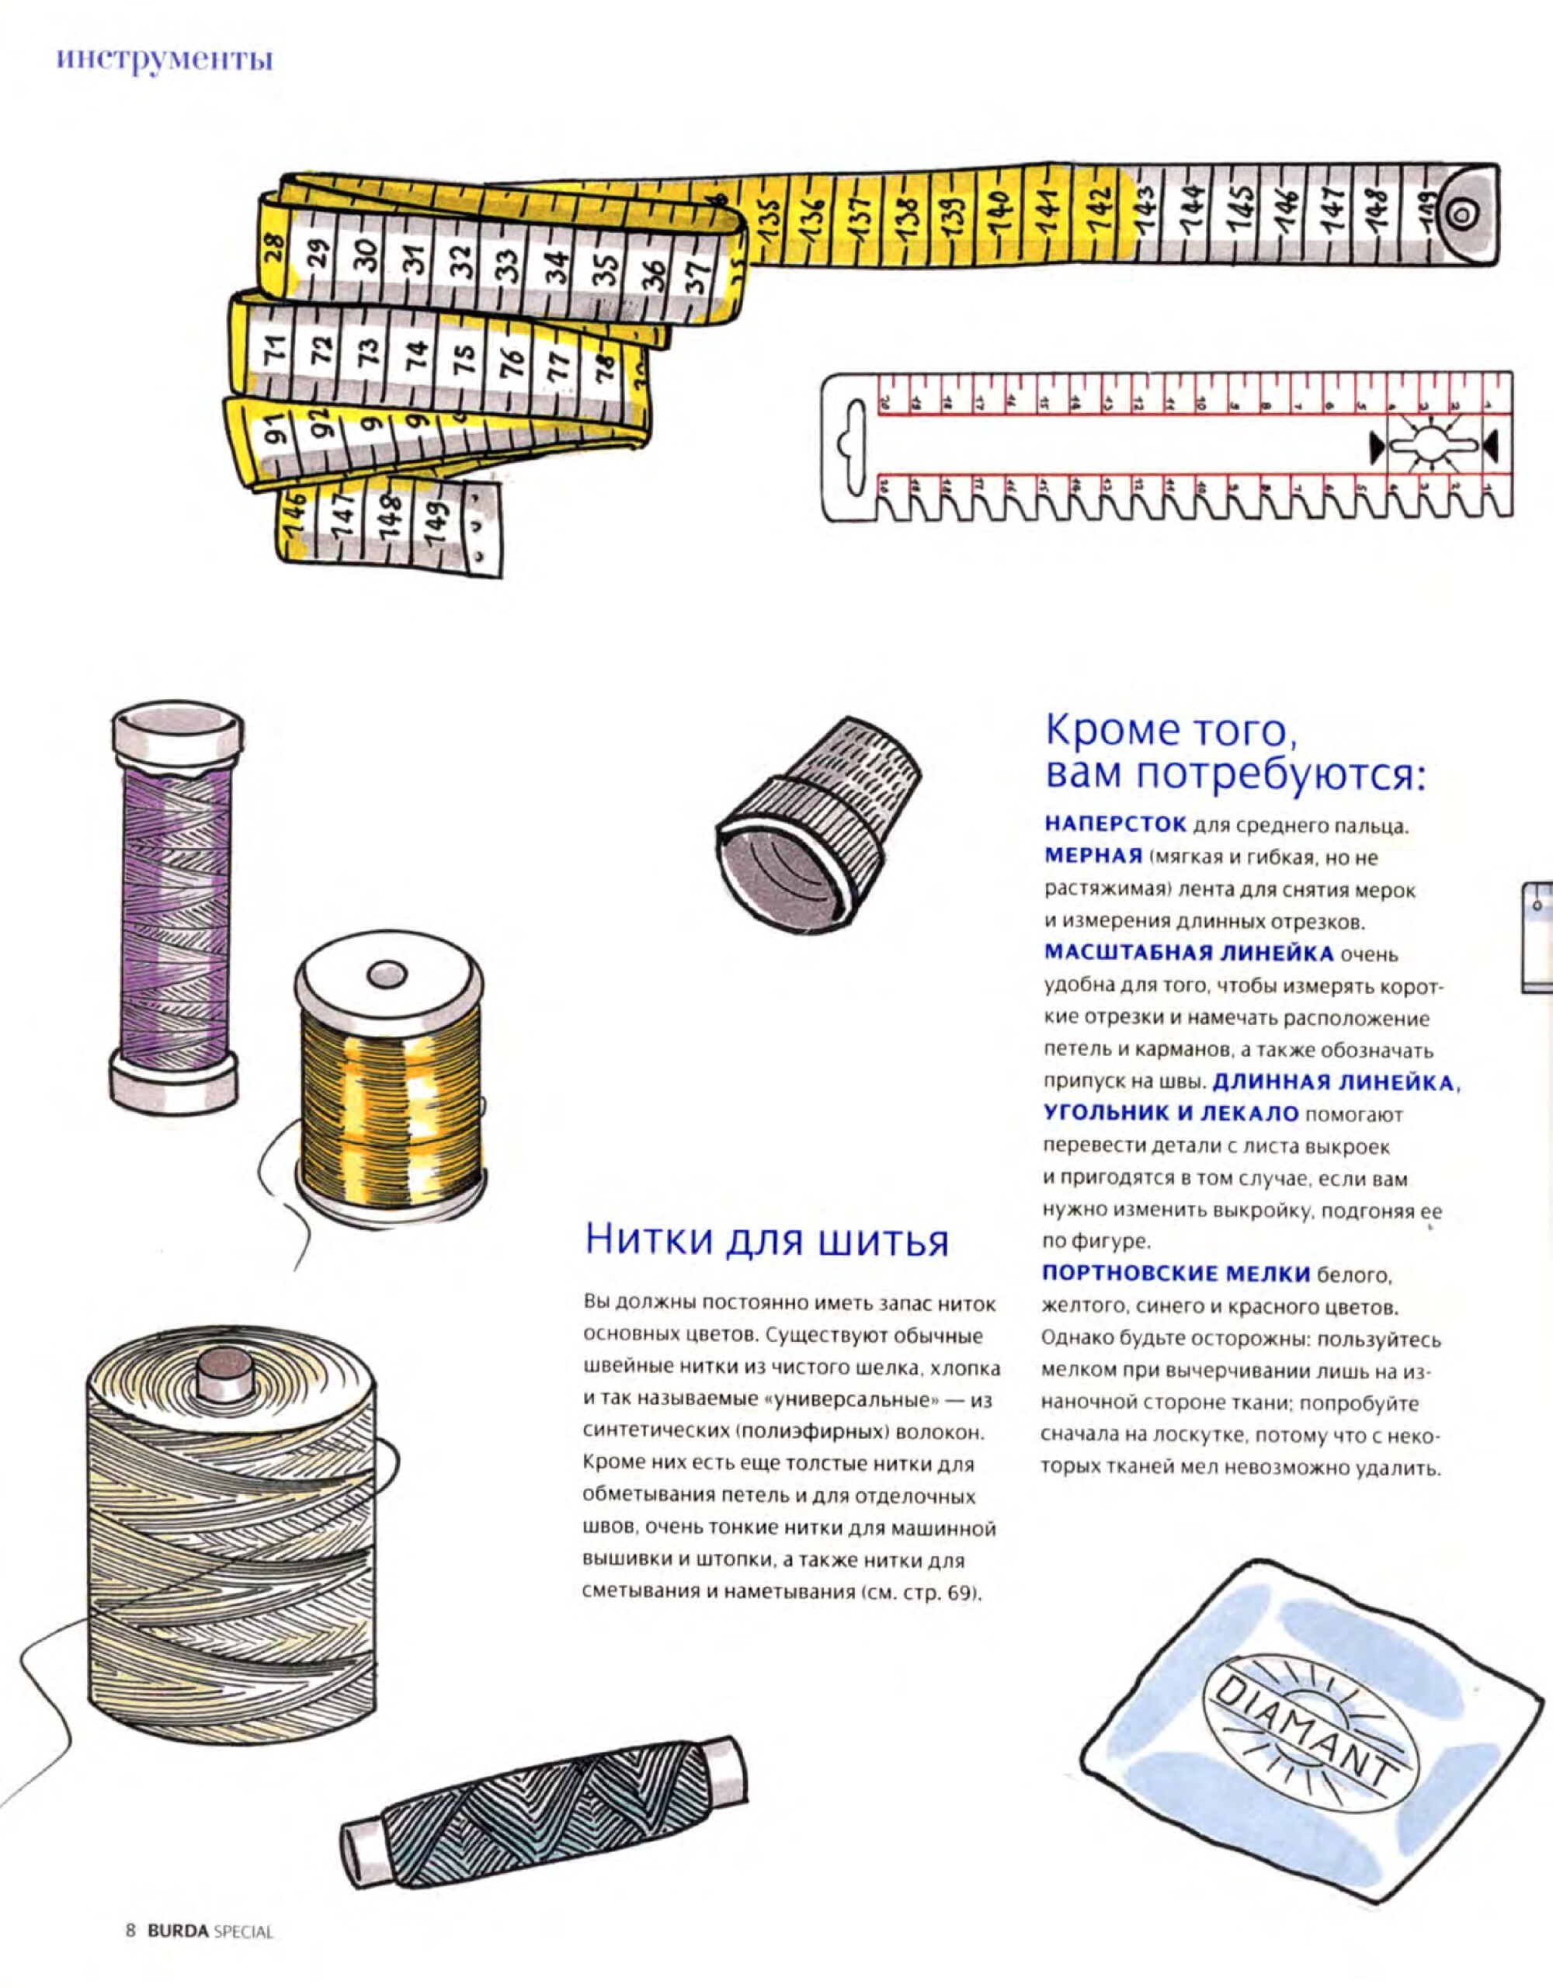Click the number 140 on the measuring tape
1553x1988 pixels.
click(999, 212)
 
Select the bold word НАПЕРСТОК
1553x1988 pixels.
click(1115, 824)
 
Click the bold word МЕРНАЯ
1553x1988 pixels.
click(1093, 857)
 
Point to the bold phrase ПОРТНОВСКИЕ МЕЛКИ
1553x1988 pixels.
click(1176, 1273)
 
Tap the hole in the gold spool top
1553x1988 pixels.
click(386, 974)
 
